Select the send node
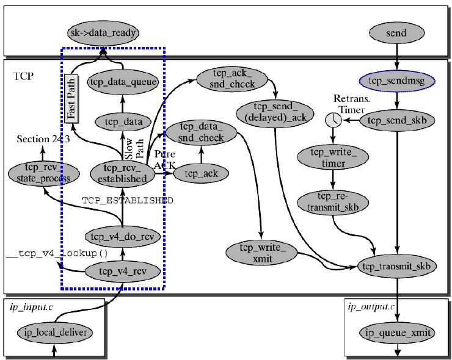point(398,31)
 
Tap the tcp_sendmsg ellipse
point(398,80)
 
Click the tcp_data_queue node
point(124,81)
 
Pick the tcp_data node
point(124,122)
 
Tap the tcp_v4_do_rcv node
point(123,236)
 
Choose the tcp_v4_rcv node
point(123,271)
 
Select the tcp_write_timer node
point(333,157)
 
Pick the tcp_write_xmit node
point(261,253)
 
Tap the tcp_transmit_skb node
point(398,266)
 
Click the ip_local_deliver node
point(55,333)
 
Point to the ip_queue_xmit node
point(398,333)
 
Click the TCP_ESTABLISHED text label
point(128,200)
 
